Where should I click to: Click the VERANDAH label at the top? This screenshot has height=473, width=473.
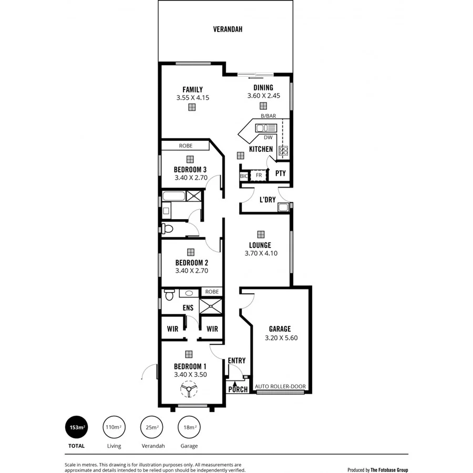pyautogui.click(x=228, y=29)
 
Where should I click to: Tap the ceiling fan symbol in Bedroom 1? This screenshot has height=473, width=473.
pyautogui.click(x=188, y=389)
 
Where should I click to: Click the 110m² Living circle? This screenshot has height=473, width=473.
pyautogui.click(x=114, y=428)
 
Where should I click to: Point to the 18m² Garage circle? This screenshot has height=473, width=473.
pyautogui.click(x=189, y=428)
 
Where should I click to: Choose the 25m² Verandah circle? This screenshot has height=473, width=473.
pyautogui.click(x=152, y=428)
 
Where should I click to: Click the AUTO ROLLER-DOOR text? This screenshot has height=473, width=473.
pyautogui.click(x=280, y=386)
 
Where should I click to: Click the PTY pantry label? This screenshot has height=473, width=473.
pyautogui.click(x=281, y=173)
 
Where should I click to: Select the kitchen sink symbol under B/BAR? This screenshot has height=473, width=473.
pyautogui.click(x=266, y=128)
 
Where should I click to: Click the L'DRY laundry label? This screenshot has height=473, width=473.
pyautogui.click(x=268, y=200)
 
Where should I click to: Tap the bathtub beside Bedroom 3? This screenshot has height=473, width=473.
pyautogui.click(x=173, y=197)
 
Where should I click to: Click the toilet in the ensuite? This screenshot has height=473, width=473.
pyautogui.click(x=169, y=294)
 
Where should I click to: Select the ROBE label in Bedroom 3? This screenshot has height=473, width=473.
pyautogui.click(x=185, y=146)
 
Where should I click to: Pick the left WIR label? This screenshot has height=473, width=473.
pyautogui.click(x=172, y=328)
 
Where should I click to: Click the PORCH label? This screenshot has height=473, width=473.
pyautogui.click(x=238, y=389)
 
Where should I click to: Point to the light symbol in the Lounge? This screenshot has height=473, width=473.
pyautogui.click(x=260, y=234)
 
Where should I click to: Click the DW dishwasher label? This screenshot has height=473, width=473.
pyautogui.click(x=268, y=138)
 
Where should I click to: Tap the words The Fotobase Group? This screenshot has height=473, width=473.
pyautogui.click(x=389, y=470)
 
